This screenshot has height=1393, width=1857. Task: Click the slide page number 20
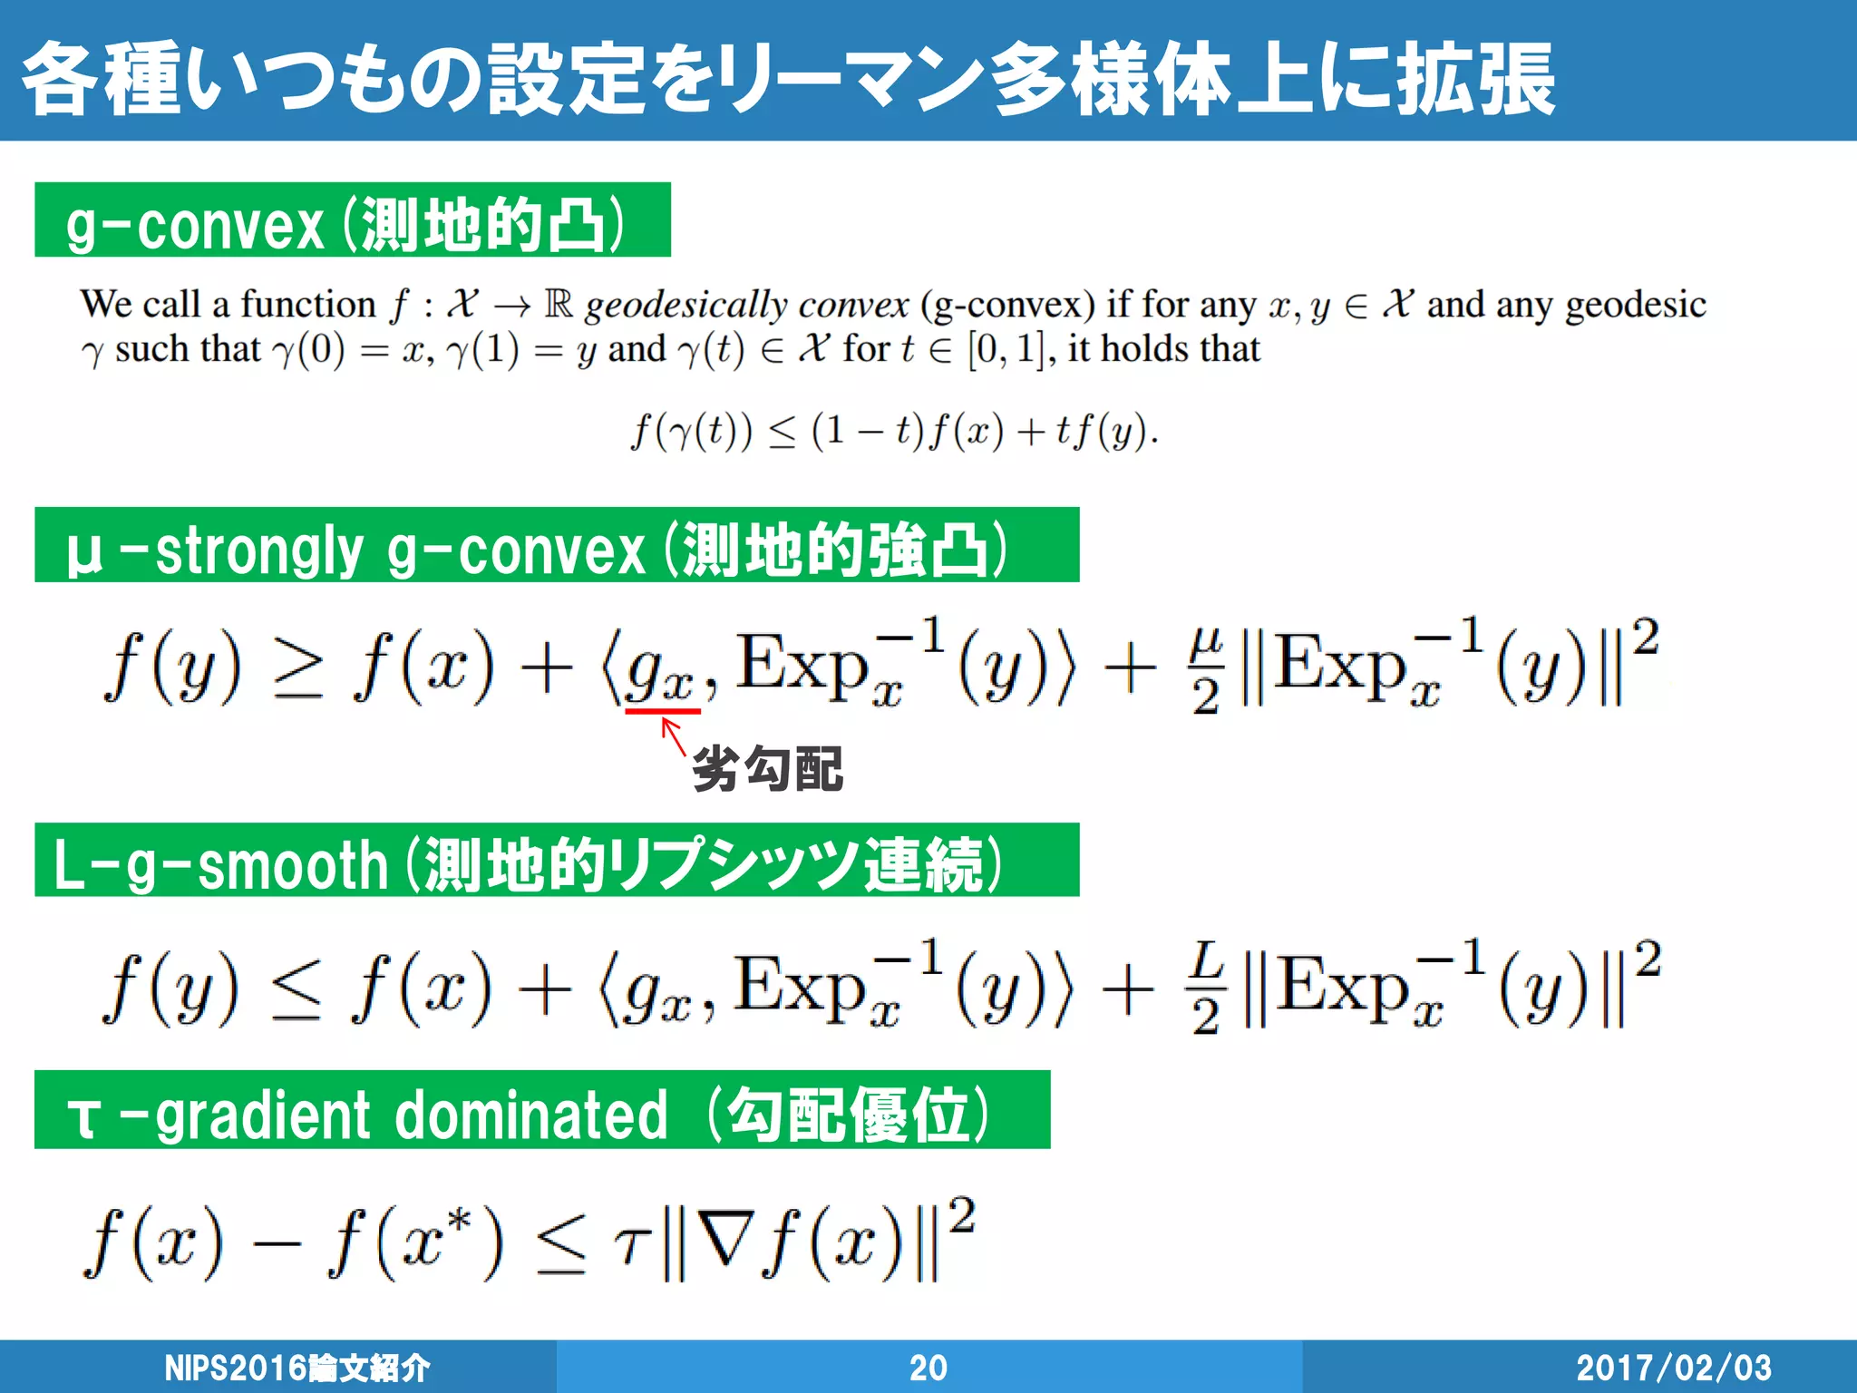(928, 1368)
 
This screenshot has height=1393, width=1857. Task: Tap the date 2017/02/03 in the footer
(1674, 1368)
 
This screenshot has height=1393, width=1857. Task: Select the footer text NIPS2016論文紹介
(297, 1368)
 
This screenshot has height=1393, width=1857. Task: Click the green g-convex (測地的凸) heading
(352, 220)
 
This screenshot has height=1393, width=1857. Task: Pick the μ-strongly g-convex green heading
(556, 546)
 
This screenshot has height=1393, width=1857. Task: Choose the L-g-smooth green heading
(556, 861)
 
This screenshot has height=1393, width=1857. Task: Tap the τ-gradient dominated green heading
(541, 1110)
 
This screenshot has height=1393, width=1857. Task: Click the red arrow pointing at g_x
(673, 735)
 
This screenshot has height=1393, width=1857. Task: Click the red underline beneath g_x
(663, 712)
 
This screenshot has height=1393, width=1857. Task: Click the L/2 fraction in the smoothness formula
(1205, 989)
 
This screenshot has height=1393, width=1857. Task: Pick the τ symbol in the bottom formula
(632, 1244)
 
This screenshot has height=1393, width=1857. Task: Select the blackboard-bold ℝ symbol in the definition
(559, 304)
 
